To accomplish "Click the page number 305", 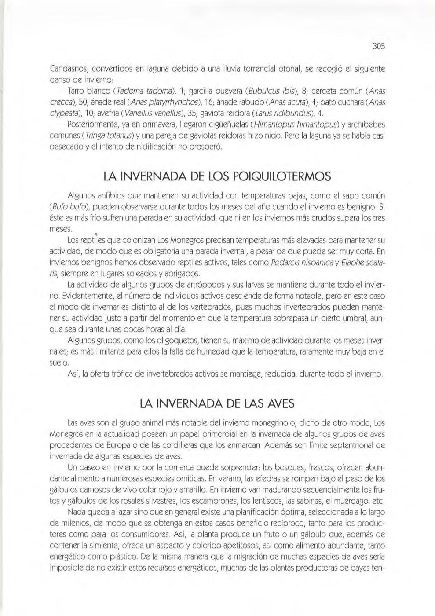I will pos(378,46).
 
